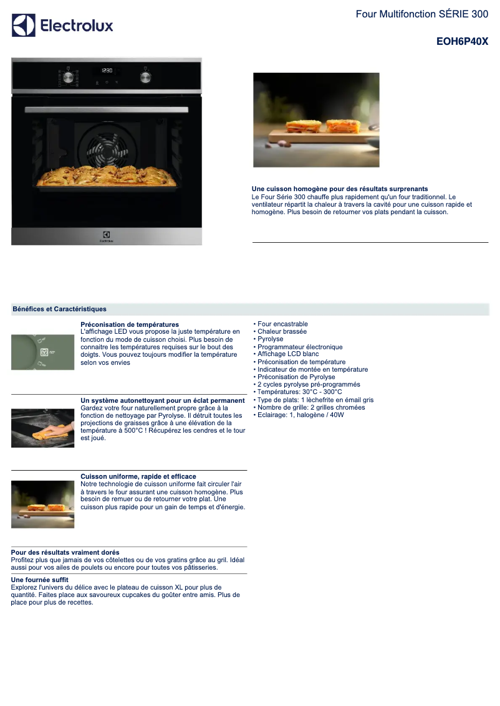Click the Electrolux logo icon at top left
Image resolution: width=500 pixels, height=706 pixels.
[24, 25]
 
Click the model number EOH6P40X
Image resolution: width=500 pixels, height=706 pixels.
[462, 42]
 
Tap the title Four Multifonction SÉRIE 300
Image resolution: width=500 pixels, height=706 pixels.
[422, 14]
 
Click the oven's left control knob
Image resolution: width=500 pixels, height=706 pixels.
[68, 77]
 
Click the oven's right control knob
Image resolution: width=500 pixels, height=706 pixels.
[146, 77]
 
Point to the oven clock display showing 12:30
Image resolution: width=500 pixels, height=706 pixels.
[107, 71]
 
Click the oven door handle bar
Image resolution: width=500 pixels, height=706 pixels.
[107, 110]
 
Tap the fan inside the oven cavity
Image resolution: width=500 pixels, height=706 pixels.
[107, 148]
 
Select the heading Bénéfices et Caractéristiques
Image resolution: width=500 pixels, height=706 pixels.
[59, 309]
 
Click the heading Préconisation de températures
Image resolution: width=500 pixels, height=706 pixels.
[130, 324]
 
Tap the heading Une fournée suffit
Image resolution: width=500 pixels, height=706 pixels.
[40, 580]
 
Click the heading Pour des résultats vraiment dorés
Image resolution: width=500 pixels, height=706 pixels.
[65, 552]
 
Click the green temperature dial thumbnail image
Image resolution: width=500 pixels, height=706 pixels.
[43, 352]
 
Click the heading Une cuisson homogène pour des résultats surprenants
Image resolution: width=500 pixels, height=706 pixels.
[340, 189]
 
